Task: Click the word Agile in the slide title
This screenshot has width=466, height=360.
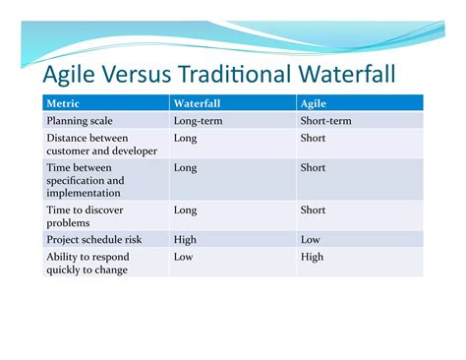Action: tap(67, 76)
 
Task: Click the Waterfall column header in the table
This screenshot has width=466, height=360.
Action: tap(198, 103)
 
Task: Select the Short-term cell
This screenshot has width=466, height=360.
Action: tap(325, 121)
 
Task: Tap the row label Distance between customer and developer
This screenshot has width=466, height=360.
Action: tap(93, 145)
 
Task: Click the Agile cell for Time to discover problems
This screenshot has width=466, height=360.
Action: tap(313, 210)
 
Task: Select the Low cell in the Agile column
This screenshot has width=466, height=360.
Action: tap(311, 238)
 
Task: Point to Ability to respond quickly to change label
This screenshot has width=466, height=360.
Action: tap(87, 263)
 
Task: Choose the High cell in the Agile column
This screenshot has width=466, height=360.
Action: tap(313, 257)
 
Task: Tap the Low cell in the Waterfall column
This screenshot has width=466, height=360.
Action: tap(183, 257)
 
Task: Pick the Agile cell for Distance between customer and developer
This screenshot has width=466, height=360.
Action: tap(313, 139)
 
